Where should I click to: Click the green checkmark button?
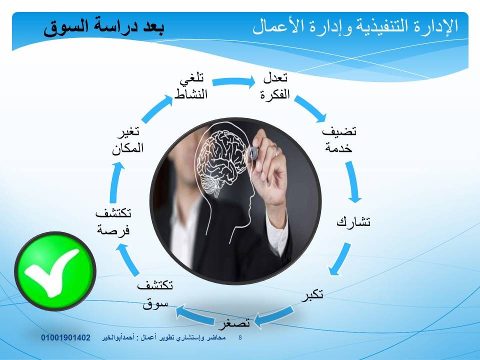(55, 271)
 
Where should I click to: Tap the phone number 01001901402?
(66, 337)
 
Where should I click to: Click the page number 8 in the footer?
(240, 337)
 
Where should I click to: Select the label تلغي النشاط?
(191, 86)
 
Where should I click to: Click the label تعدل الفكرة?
(275, 86)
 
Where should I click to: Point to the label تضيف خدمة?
(339, 139)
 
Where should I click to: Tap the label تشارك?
(353, 221)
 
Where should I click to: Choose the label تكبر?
(312, 294)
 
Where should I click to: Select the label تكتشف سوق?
(155, 294)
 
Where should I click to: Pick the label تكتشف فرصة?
(113, 221)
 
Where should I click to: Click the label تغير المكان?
(128, 140)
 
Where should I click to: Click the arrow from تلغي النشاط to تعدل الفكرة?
(233, 81)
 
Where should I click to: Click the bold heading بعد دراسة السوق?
(104, 27)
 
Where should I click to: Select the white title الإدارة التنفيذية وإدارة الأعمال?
(355, 26)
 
